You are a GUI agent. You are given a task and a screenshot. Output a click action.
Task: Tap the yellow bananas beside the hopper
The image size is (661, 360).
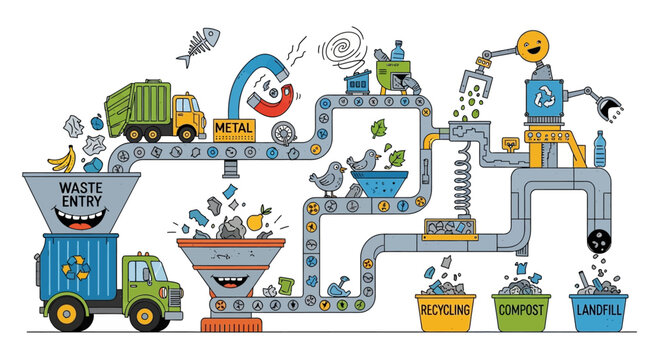point(63,157)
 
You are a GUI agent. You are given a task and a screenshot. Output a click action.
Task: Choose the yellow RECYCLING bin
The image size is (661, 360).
point(442,309)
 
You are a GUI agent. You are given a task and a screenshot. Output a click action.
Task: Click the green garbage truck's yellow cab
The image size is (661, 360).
point(186,116)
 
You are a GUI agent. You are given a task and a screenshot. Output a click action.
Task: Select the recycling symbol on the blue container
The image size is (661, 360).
point(75,267)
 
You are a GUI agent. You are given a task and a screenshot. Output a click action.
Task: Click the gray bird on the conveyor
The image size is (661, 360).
point(327,177)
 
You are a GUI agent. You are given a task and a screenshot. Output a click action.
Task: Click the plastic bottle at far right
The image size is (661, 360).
point(600,149)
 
